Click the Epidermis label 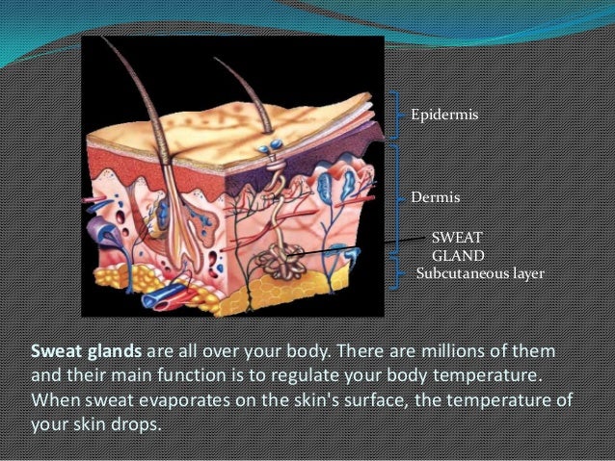coord(444,115)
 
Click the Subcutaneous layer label coord(480,274)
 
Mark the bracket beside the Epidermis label coord(396,116)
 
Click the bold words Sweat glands coord(80,346)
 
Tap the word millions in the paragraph coord(450,346)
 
